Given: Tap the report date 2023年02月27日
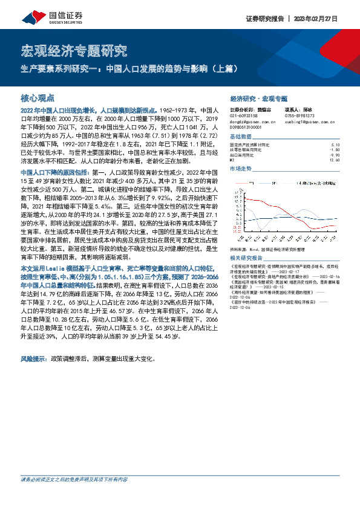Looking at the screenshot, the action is click(329, 18).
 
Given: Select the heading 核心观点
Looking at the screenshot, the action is click(38, 97).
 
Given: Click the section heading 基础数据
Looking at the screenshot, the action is click(242, 136).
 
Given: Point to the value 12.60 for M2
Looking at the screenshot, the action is click(336, 160).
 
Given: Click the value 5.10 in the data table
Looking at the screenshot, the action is click(337, 145).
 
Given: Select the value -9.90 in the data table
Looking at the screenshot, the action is click(336, 155).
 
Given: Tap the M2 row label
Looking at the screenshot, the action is click(233, 160).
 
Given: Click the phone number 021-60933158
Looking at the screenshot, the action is click(244, 116).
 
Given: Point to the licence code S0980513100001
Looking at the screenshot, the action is click(247, 127).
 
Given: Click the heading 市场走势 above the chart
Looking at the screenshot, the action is click(242, 168).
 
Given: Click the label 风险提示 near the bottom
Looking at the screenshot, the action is click(35, 358).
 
